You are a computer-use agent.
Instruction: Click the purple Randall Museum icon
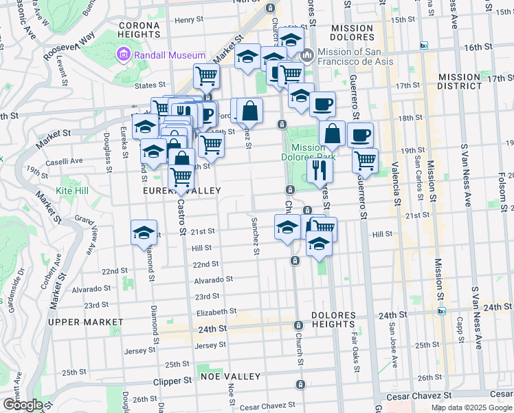coord(124,54)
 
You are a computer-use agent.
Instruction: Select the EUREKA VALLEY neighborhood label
coord(181,191)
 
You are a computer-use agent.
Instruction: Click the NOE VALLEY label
coord(231,377)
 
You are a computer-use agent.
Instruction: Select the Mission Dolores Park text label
coord(308,152)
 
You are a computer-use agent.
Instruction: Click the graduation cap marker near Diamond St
coord(144,233)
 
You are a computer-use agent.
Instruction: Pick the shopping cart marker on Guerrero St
coord(365,160)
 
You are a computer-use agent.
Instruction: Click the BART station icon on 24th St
coord(441,310)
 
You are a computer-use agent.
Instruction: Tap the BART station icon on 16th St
coord(424,45)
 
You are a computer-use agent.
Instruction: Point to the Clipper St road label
coord(172,381)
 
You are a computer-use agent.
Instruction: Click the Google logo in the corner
coord(22,405)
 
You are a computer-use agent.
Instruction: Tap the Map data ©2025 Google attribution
coord(470,407)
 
